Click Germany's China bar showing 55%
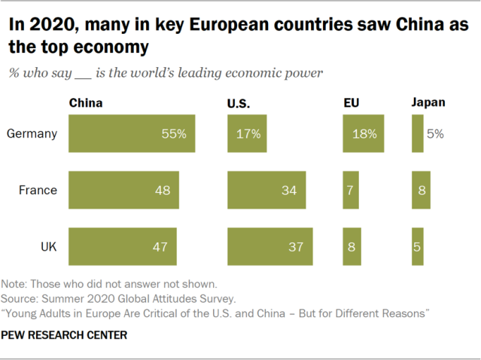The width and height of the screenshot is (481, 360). [x=132, y=134]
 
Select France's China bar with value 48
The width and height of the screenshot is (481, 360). [x=123, y=190]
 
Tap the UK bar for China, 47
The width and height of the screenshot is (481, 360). [x=122, y=246]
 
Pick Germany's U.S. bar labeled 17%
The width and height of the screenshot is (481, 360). [x=246, y=134]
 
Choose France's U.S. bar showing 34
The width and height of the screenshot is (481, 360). [x=266, y=190]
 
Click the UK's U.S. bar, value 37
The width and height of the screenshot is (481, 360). [x=269, y=246]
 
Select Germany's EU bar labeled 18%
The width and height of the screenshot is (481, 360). [x=364, y=134]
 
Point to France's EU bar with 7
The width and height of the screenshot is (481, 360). [x=351, y=190]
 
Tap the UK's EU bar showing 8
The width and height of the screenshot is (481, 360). [x=352, y=246]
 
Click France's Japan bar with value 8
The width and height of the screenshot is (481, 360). [x=421, y=190]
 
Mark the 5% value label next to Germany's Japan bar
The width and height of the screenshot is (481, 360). [x=435, y=134]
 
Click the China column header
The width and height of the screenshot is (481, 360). [x=85, y=103]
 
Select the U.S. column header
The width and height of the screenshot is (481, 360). [x=238, y=103]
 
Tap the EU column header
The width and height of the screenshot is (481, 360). [x=350, y=103]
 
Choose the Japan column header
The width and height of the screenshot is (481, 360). [x=428, y=103]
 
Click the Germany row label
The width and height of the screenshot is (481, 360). [x=32, y=134]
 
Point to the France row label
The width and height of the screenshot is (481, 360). [x=38, y=190]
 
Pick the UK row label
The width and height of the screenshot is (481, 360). [x=47, y=246]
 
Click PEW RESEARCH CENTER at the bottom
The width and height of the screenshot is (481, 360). [x=65, y=334]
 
